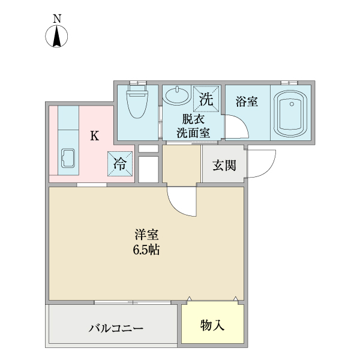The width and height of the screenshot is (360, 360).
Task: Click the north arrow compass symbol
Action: (58, 37)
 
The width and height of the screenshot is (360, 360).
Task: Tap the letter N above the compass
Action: (58, 19)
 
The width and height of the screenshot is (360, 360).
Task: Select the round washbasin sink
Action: (175, 96)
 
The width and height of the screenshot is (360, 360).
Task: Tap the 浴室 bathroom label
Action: (247, 102)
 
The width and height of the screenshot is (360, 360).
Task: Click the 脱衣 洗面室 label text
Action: (193, 125)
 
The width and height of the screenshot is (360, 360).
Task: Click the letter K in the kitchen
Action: (94, 136)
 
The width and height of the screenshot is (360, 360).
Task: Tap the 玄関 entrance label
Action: (224, 166)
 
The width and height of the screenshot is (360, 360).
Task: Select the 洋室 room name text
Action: (146, 235)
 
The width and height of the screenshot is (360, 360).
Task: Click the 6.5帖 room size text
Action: (146, 251)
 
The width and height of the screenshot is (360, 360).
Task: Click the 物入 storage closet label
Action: (212, 325)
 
